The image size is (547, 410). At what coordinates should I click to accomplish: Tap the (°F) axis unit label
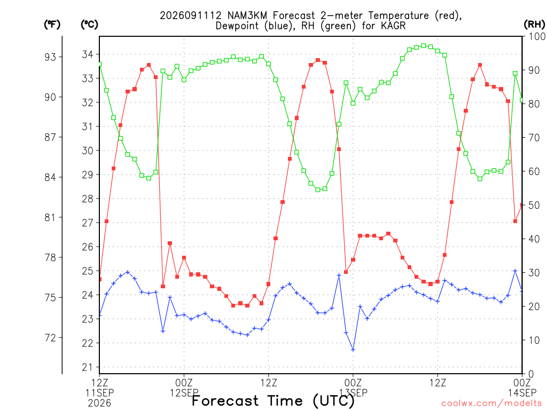coord(52,25)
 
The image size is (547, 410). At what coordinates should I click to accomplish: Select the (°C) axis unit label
coord(89,25)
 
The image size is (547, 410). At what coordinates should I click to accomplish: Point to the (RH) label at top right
coord(534,25)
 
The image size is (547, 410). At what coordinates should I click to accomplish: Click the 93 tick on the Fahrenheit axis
coord(50,57)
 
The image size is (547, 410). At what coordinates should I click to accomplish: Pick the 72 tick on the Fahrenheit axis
coord(50,338)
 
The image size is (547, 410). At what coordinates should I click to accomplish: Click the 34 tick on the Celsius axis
coord(88,54)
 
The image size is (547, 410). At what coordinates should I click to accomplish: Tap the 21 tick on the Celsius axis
coord(88,367)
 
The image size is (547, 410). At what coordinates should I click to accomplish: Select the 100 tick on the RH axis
coord(537,37)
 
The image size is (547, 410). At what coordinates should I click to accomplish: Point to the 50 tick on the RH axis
coord(534,206)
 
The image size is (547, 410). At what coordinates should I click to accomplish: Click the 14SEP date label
coord(522,393)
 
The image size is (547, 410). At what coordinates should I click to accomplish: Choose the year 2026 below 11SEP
coord(99,404)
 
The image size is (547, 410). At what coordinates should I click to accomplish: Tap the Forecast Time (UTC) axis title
coord(273,401)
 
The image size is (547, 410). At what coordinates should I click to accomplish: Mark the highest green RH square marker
coord(424,46)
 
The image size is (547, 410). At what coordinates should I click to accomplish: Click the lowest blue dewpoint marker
coord(353,350)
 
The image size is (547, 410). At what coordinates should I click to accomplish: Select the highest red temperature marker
coord(318,60)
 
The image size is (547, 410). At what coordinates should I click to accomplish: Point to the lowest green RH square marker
coord(318,190)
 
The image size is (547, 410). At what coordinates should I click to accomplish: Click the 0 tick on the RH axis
coord(531,374)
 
